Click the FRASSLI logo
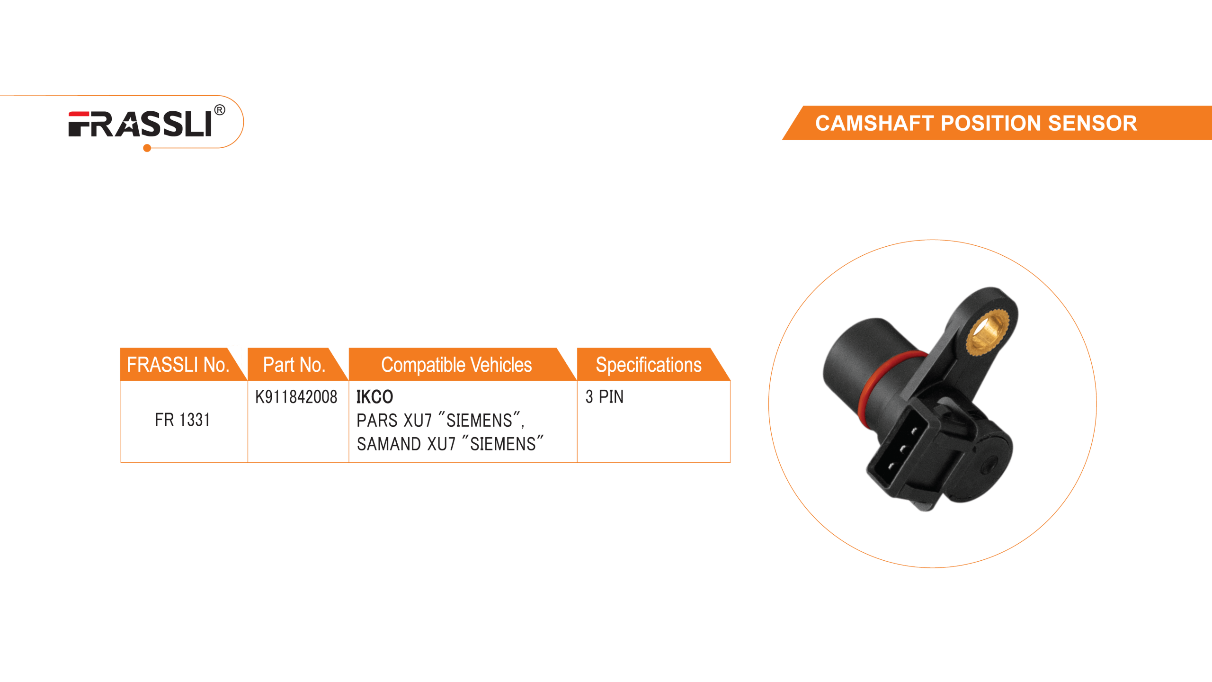pyautogui.click(x=140, y=124)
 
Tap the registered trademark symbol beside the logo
pyautogui.click(x=220, y=110)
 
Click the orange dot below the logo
pyautogui.click(x=147, y=149)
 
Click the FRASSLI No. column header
pyautogui.click(x=178, y=365)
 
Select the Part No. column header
pyautogui.click(x=294, y=365)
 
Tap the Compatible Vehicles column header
pyautogui.click(x=456, y=365)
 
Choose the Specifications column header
pyautogui.click(x=648, y=365)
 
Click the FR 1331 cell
pyautogui.click(x=182, y=420)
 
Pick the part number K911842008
pyautogui.click(x=296, y=396)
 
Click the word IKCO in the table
pyautogui.click(x=374, y=396)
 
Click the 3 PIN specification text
pyautogui.click(x=605, y=396)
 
